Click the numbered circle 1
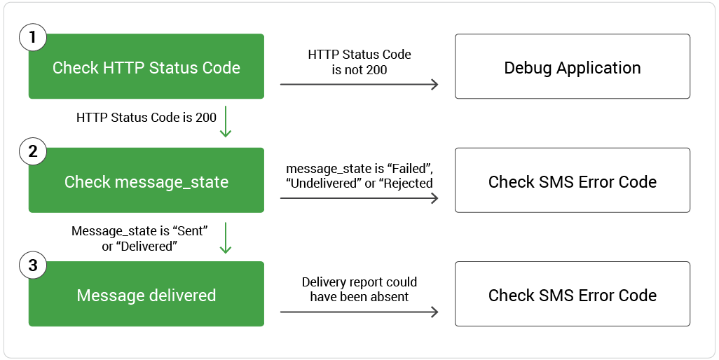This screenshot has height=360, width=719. coord(33,38)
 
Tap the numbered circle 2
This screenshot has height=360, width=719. coord(33,152)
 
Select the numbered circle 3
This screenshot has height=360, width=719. coord(33,266)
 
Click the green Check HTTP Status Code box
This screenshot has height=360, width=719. coord(146,68)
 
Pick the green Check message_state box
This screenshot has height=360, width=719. coord(146,182)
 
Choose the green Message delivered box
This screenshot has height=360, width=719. coord(146,296)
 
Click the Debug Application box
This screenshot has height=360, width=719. coord(572,67)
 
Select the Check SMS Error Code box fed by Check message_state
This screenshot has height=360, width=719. coord(572,181)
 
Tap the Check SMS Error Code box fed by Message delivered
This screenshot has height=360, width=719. coord(572,295)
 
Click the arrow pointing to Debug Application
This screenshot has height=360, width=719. coord(359,85)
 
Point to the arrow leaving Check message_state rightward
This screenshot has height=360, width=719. coord(359,198)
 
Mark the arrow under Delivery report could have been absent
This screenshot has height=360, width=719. coord(359,312)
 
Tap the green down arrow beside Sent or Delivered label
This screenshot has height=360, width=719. coord(226,237)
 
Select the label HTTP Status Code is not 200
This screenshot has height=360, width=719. coord(359,62)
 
